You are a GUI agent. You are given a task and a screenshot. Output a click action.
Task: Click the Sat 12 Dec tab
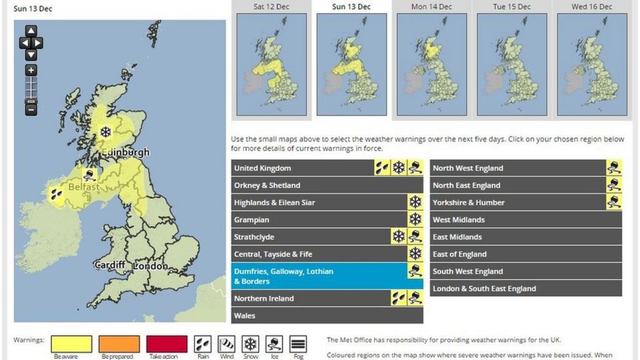coord(271,7)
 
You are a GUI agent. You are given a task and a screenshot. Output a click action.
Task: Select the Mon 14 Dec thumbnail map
coord(431,64)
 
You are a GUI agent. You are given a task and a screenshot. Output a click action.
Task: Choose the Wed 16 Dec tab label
coord(591,7)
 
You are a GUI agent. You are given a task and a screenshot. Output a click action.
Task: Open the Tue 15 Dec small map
coord(511,64)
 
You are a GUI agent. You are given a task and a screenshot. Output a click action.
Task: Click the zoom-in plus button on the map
coord(31,71)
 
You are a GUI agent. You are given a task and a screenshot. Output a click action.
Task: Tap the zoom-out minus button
coord(31,109)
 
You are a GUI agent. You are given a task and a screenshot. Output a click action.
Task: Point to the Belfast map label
coord(84,187)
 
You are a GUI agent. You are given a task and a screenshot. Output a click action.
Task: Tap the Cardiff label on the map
coord(109,265)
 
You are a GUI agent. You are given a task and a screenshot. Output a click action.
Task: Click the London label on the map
coord(150,266)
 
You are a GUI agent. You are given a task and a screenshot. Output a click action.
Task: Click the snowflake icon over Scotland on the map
coord(106,132)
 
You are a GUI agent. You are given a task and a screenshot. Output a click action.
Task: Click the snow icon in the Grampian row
coord(415,219)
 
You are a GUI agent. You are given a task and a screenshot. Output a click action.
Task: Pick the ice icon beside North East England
coord(614,185)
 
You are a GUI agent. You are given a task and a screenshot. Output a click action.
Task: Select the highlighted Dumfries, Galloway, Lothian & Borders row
coord(319,276)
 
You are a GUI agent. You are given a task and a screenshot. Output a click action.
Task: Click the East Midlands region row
coord(525,237)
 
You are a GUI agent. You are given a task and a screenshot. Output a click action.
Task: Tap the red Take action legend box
coord(166,344)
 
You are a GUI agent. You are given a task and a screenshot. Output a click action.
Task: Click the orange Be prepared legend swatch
coord(119,344)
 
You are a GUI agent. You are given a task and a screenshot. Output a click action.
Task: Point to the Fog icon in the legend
coord(297,344)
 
